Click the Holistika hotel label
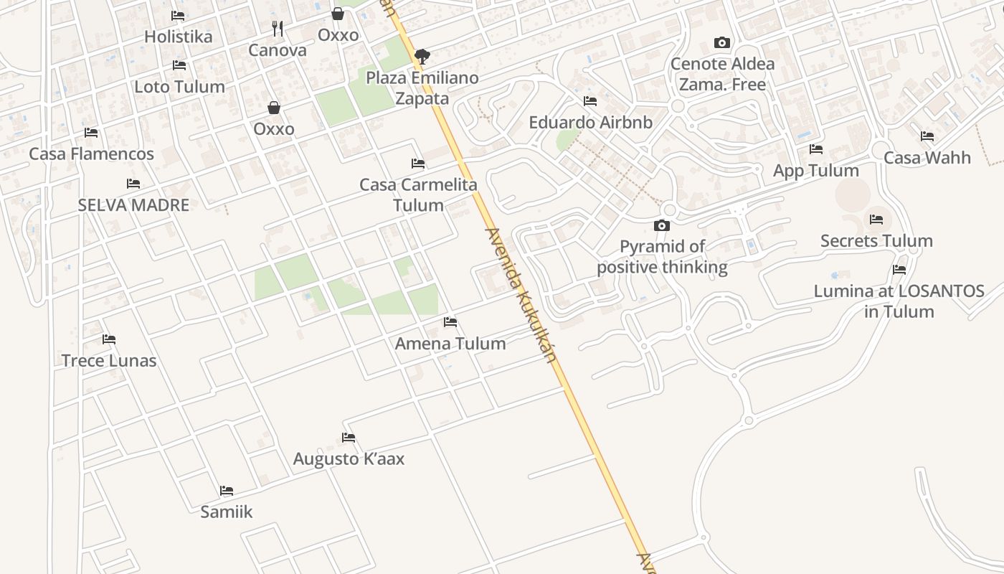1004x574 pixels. (179, 37)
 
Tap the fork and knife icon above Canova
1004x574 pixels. (278, 29)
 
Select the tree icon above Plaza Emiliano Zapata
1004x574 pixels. (422, 56)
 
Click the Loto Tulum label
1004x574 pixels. (179, 87)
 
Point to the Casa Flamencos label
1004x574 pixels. (91, 154)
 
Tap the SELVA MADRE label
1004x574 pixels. (133, 204)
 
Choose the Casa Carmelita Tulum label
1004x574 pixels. (418, 194)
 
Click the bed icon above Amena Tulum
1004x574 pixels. (450, 322)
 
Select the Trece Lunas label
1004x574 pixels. (109, 360)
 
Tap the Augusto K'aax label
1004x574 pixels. (349, 458)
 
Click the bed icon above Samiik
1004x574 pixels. (227, 491)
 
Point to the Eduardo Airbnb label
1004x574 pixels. (590, 122)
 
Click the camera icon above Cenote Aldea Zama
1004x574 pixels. (722, 43)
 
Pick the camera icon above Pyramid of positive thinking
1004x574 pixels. (662, 226)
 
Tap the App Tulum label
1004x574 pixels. (815, 170)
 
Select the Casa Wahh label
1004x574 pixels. (927, 157)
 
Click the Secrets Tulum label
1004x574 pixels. (876, 240)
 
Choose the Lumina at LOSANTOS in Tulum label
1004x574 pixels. (899, 301)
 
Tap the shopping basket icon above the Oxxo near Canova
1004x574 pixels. (338, 14)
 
